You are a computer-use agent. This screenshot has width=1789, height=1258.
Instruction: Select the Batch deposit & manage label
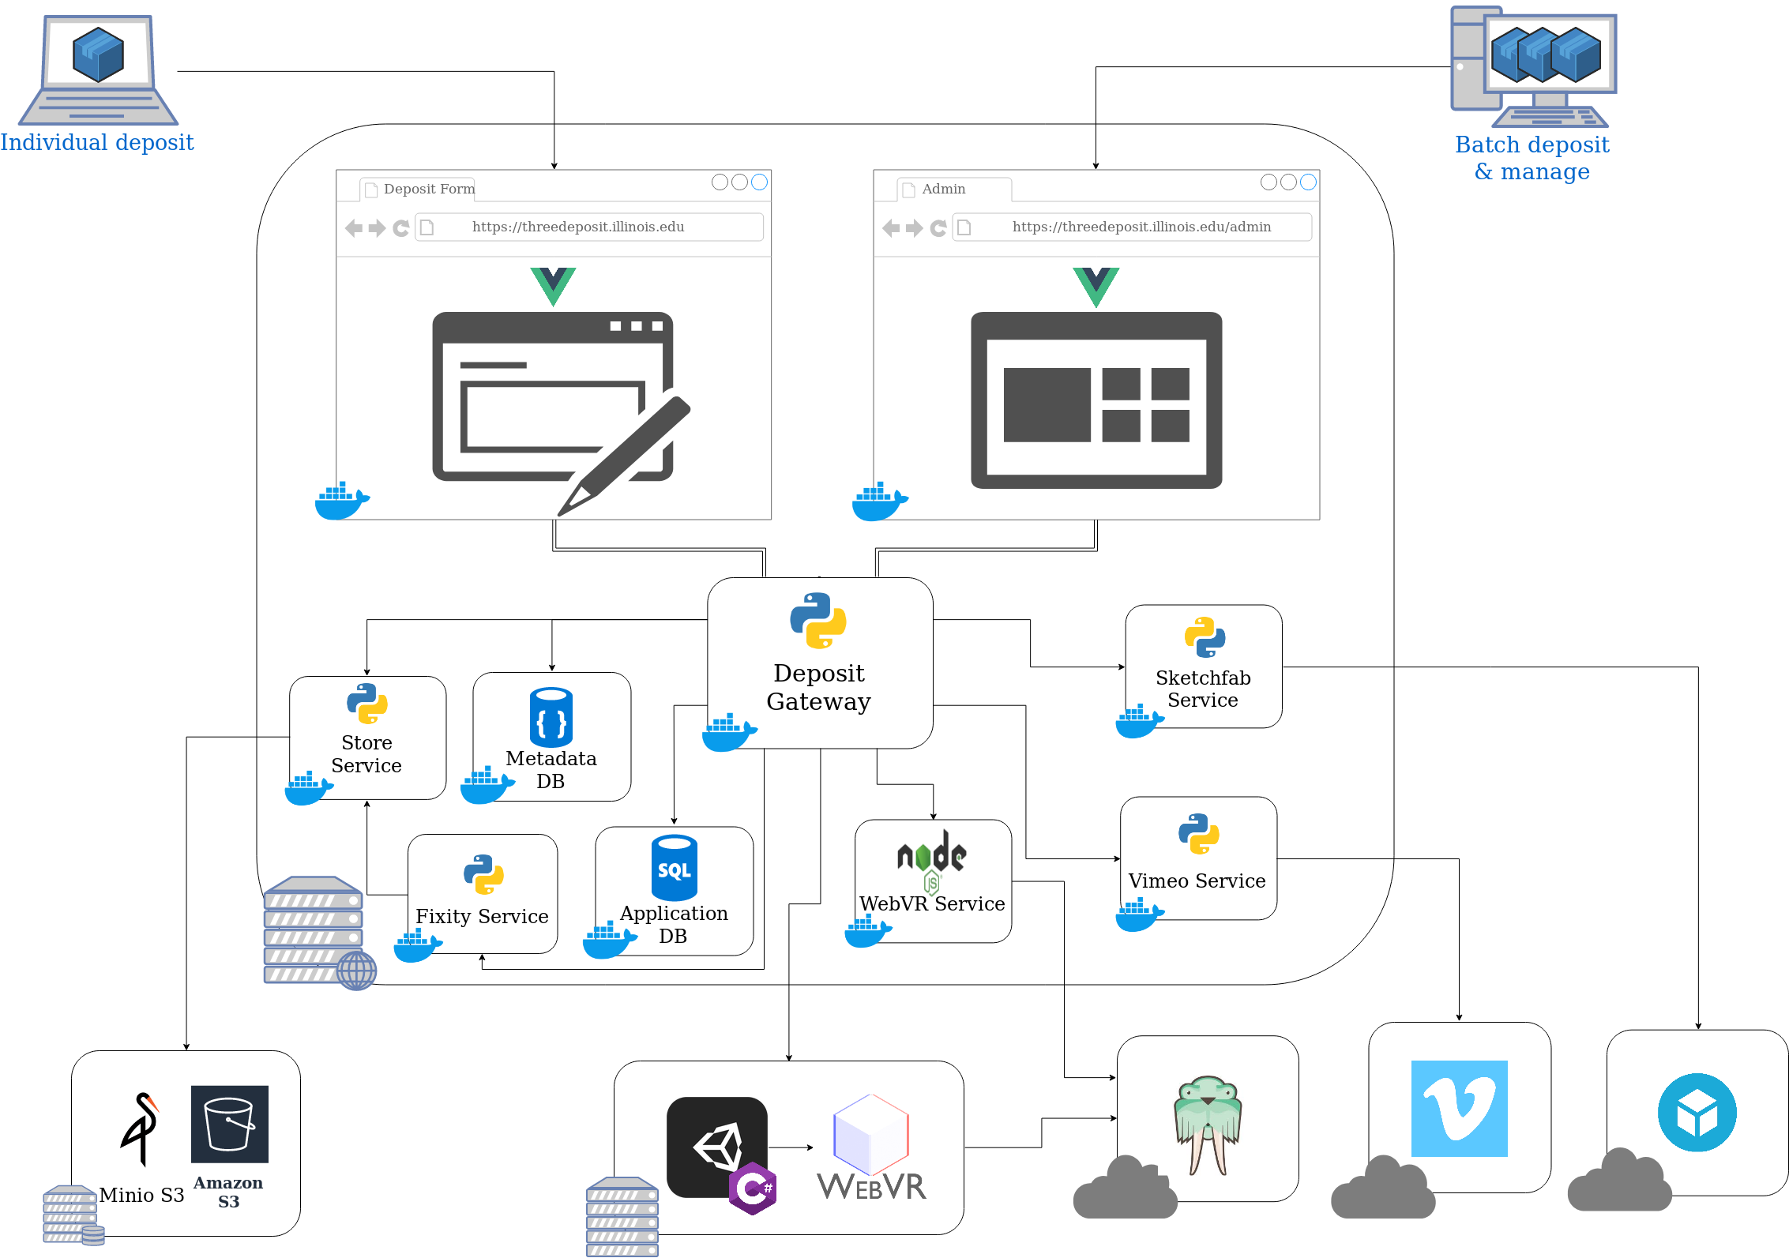tap(1532, 158)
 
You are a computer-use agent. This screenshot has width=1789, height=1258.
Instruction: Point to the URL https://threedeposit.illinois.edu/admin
tap(1141, 227)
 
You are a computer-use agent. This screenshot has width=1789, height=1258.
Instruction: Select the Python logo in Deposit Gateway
tap(818, 621)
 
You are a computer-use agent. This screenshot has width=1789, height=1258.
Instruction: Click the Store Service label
tap(366, 754)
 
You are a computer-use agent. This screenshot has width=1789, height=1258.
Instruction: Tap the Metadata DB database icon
tap(551, 717)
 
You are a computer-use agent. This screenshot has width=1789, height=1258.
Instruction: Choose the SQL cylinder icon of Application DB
tap(674, 867)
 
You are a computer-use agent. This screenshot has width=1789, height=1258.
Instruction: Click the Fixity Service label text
tap(482, 916)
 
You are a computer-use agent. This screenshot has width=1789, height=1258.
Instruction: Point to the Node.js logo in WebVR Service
tap(932, 858)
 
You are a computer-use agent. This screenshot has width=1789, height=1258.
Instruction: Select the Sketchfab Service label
tap(1203, 689)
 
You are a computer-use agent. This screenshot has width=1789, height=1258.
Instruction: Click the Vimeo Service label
tap(1197, 881)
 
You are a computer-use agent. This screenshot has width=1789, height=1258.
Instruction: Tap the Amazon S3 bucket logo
tap(230, 1124)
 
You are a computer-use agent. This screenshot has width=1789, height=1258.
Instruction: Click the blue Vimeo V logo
tap(1459, 1109)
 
